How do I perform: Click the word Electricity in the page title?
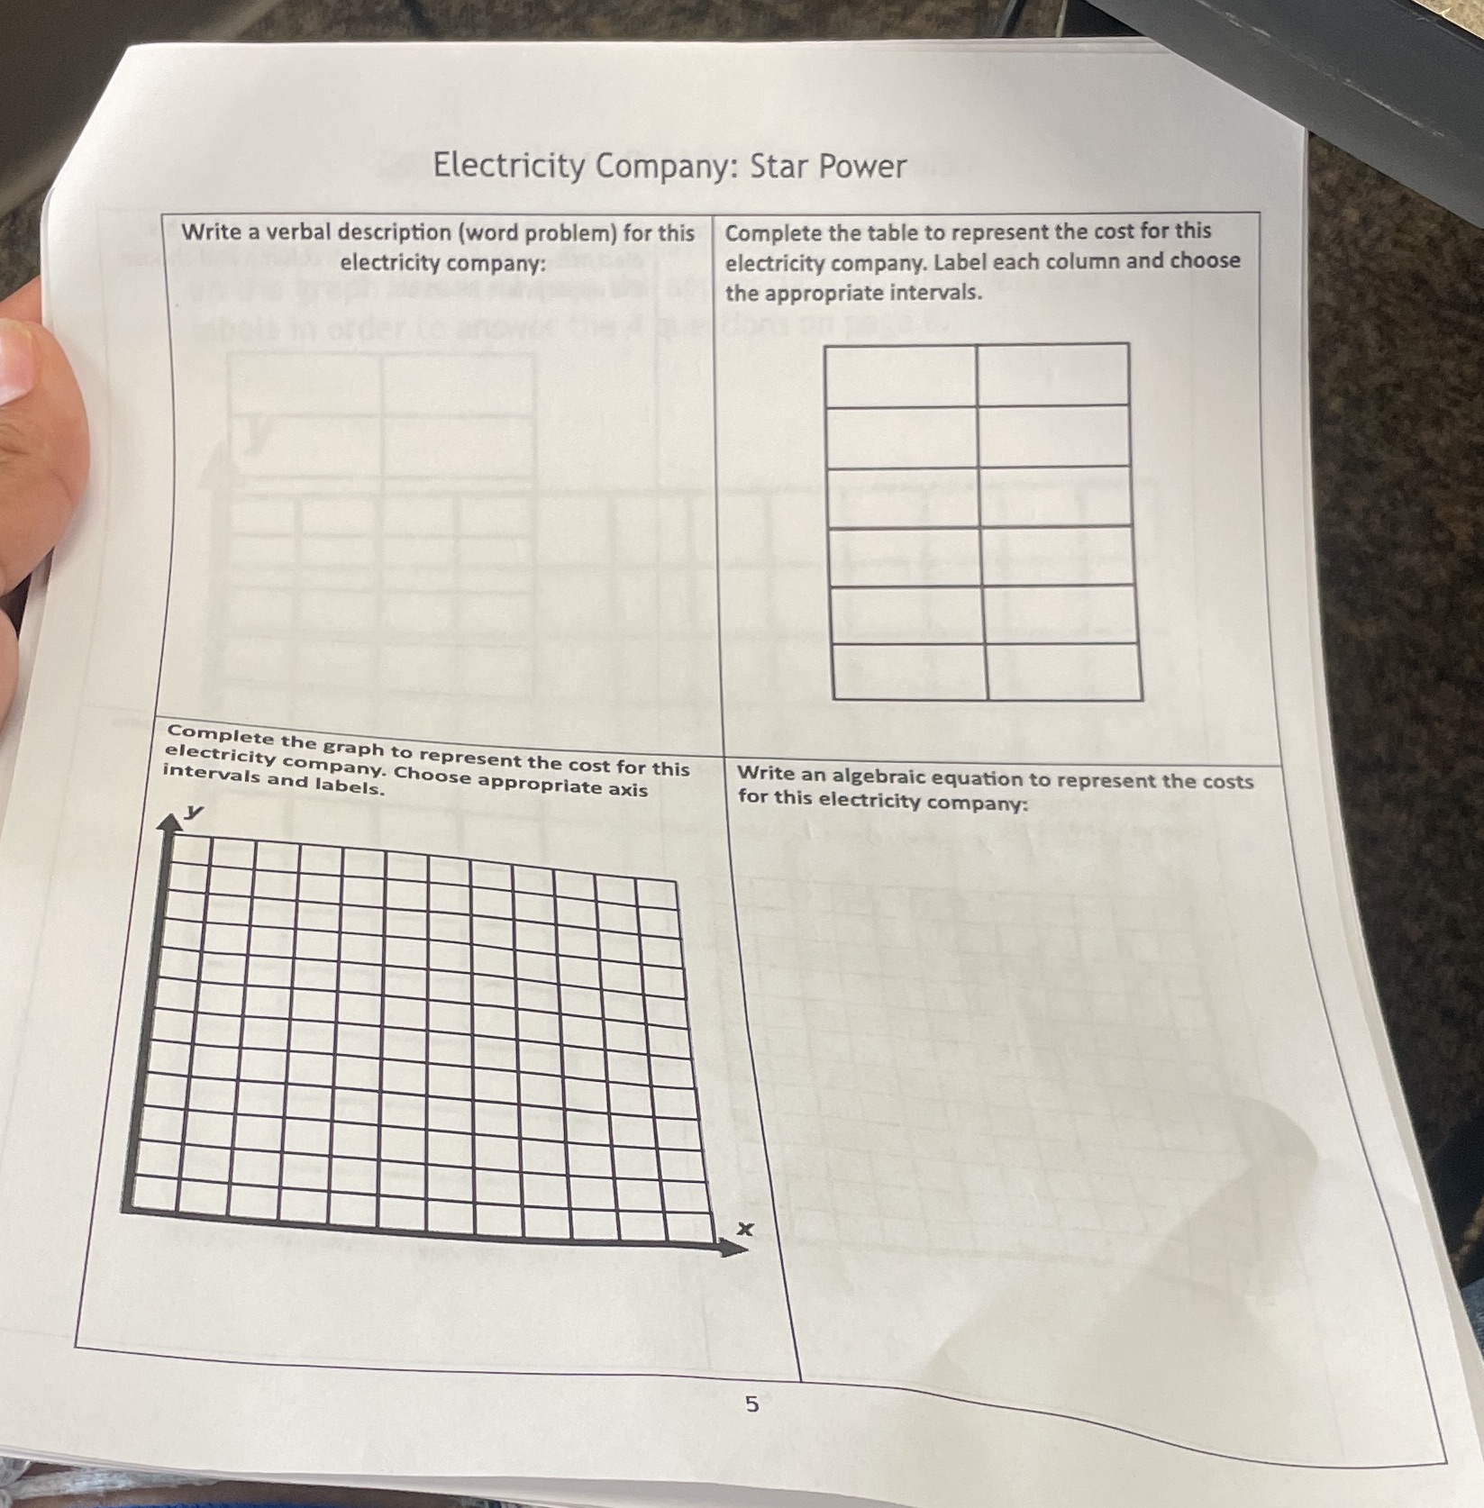509,167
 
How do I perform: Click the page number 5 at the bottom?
751,1404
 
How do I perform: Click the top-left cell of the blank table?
901,375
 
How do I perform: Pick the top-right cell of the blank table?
1052,375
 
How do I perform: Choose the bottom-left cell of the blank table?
910,672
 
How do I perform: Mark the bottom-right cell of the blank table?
1064,672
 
